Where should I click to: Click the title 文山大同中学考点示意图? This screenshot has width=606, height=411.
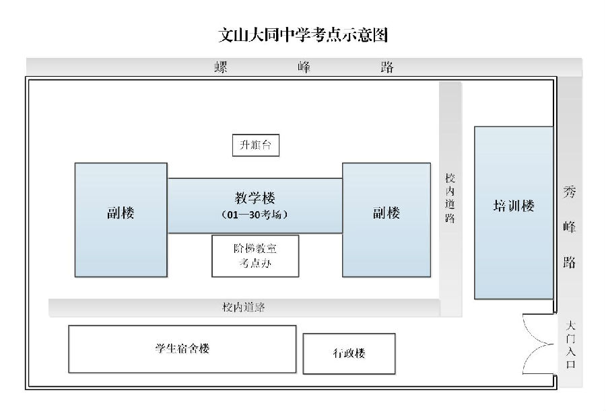coord(303,34)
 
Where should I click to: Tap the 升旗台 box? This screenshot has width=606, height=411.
coord(255,145)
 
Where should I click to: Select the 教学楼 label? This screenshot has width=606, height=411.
coord(255,198)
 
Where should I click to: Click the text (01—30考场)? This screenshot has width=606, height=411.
coord(255,215)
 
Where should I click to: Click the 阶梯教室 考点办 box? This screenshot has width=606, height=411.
coord(255,256)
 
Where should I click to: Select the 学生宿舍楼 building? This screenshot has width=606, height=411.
coord(182,348)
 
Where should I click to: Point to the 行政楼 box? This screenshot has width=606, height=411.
coord(349,353)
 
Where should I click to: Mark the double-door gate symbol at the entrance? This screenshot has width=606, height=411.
coord(539,344)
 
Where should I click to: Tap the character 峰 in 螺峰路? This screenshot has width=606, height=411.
coord(304,67)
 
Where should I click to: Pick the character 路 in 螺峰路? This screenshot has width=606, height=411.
coord(386,67)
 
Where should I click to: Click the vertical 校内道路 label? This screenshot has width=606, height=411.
coord(450,199)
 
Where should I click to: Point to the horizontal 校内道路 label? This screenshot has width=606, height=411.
coord(244,307)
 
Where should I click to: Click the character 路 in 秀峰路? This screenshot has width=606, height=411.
coord(570,262)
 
